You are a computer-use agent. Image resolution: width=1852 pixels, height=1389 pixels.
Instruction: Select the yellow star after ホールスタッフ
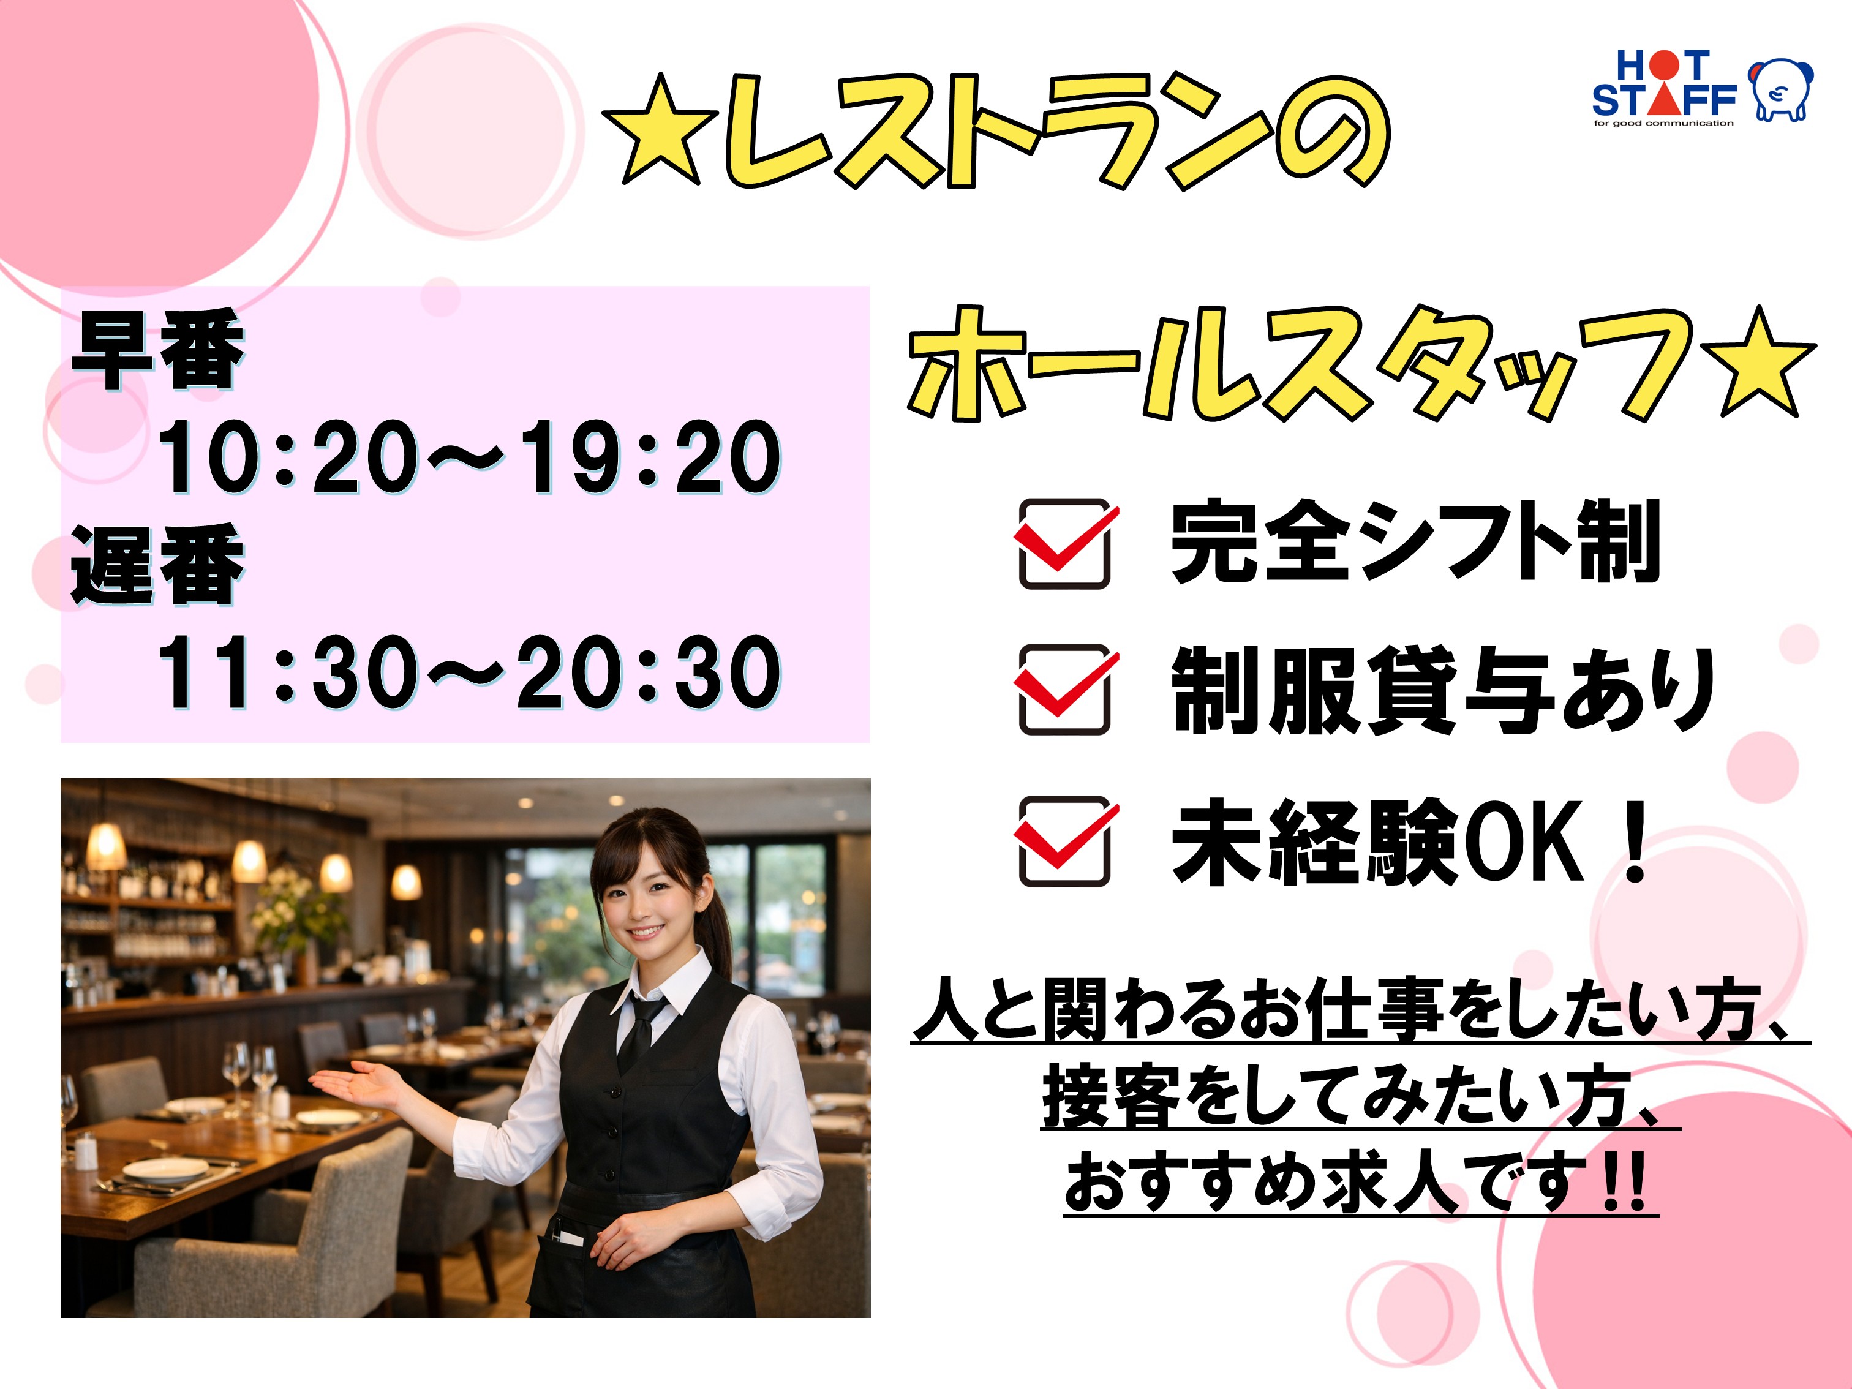(x=1760, y=364)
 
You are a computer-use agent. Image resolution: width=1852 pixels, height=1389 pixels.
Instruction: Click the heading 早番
(x=157, y=349)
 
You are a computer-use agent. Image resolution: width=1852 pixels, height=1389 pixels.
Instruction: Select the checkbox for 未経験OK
(x=1065, y=841)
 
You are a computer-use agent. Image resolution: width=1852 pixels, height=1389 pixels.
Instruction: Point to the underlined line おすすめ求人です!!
(x=1361, y=1181)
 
